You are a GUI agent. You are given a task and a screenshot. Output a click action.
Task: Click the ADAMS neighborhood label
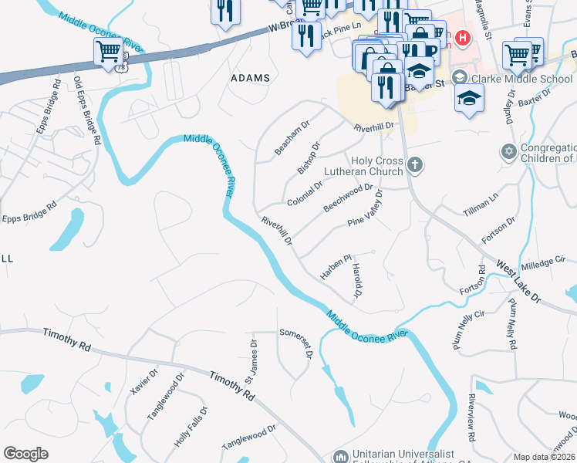click(x=250, y=78)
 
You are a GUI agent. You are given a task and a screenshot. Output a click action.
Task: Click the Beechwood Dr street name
click(x=348, y=198)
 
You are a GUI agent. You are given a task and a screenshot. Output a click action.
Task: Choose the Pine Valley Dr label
click(x=366, y=210)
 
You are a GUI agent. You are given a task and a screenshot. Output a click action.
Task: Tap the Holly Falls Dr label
click(x=191, y=427)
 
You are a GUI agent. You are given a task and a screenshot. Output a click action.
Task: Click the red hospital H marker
click(x=463, y=37)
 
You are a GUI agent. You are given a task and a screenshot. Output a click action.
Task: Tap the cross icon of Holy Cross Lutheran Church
click(x=416, y=164)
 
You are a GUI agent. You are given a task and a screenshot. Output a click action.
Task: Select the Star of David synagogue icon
click(x=508, y=152)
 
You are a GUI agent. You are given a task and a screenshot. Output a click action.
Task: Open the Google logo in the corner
click(x=26, y=454)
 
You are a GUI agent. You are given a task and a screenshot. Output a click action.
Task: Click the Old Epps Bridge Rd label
click(x=87, y=110)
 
